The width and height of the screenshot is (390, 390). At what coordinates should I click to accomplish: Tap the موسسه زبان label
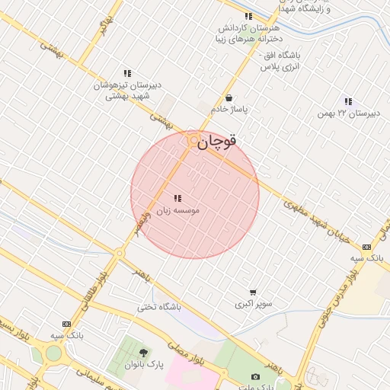pos(177,209)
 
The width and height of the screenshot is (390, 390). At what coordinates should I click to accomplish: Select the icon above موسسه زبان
pos(177,198)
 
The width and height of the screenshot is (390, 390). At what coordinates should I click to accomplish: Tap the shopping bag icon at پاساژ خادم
pos(229,97)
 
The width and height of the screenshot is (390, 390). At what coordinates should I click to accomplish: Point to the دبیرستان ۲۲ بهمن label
pos(348,113)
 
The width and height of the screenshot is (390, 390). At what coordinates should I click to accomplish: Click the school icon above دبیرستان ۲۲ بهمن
pos(348,101)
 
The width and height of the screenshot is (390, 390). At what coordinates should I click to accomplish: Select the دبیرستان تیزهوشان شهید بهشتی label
pos(125,91)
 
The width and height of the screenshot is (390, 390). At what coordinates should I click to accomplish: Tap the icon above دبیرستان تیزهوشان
pos(127,74)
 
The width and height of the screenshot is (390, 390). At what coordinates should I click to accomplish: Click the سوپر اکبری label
pos(253,303)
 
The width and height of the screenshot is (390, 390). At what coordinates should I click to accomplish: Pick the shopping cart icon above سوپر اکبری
pos(253,292)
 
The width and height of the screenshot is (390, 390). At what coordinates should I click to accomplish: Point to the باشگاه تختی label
pos(159,307)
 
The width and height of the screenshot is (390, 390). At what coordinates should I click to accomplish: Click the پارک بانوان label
pos(145,365)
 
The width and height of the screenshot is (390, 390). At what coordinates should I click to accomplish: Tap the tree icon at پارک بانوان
pos(144,353)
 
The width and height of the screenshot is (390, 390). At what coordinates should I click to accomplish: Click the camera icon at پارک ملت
pos(255,376)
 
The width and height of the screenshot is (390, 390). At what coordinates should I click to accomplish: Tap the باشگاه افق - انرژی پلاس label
pos(280,62)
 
